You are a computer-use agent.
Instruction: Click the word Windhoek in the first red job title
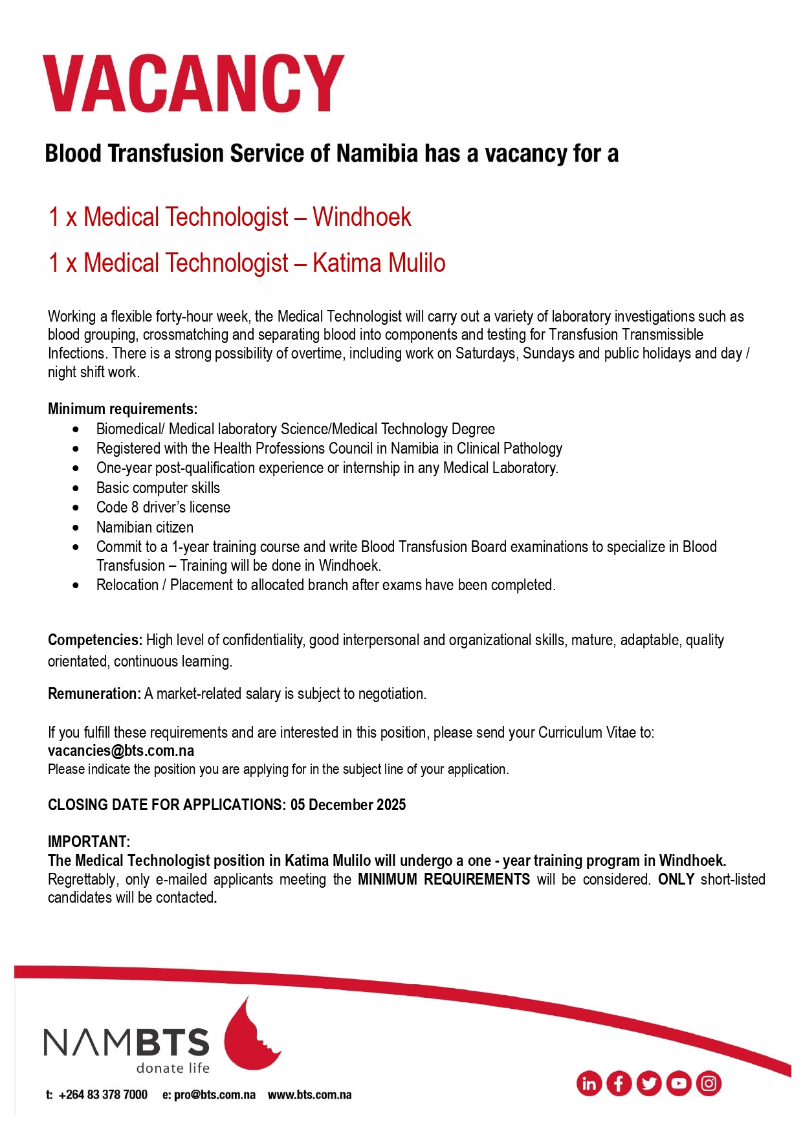(362, 217)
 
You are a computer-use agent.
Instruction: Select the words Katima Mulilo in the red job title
(379, 263)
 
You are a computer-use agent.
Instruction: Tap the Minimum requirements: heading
(122, 409)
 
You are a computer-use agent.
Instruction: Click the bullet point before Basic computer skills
(76, 488)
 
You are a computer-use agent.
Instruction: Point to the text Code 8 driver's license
(163, 507)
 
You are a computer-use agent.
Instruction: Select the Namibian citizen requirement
(144, 527)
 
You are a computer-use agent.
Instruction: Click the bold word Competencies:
(94, 640)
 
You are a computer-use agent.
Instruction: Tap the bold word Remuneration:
(94, 694)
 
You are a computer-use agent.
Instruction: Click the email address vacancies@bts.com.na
(121, 751)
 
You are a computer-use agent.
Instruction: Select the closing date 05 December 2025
(348, 805)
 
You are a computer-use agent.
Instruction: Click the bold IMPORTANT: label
(89, 842)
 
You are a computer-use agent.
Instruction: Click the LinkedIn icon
(589, 1083)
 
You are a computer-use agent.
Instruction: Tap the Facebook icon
(619, 1083)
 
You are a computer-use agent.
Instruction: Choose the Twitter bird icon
(648, 1083)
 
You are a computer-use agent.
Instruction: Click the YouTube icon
(679, 1083)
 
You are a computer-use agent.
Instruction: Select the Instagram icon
(709, 1083)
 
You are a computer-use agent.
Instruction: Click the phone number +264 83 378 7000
(103, 1095)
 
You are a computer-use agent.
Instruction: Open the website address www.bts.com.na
(309, 1095)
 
